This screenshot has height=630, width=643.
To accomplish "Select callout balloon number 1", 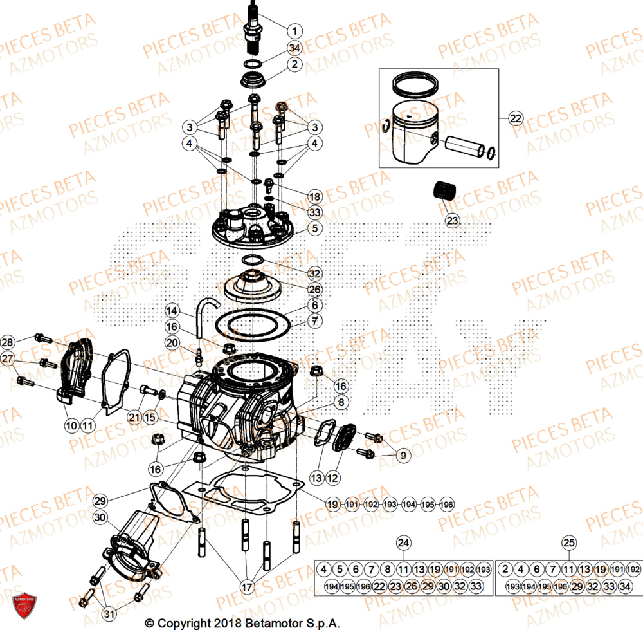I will pyautogui.click(x=294, y=30).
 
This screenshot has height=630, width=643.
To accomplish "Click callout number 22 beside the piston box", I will pyautogui.click(x=516, y=118).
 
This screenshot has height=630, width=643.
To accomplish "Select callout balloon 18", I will pyautogui.click(x=314, y=196).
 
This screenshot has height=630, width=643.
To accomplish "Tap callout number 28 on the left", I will pyautogui.click(x=8, y=342).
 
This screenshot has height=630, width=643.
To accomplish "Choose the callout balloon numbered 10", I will pyautogui.click(x=71, y=425).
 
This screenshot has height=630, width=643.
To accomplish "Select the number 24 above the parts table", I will pyautogui.click(x=403, y=543).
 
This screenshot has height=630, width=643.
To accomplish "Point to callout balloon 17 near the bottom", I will pyautogui.click(x=248, y=586).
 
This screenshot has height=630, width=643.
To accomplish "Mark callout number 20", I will pyautogui.click(x=172, y=343).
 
